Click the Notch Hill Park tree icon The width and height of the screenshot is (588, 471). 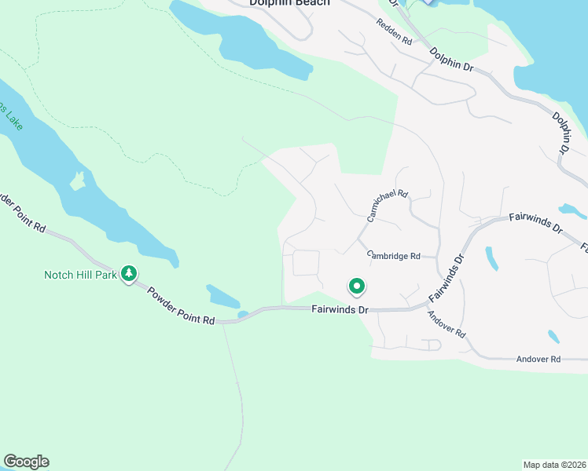[x=130, y=275]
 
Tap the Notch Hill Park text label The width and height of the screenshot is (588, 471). [x=80, y=275]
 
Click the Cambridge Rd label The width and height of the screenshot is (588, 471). [x=395, y=255]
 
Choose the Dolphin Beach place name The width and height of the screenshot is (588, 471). [x=289, y=3]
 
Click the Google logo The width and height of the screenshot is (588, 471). [x=26, y=462]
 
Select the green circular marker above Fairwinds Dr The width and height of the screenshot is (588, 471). [x=357, y=287]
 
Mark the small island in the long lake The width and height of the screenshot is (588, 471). [x=77, y=181]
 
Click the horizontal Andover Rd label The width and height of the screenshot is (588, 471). [x=538, y=359]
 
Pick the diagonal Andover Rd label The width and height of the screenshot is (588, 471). [x=447, y=323]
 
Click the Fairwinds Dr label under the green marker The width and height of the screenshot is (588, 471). [x=340, y=310]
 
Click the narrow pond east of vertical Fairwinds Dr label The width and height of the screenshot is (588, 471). [x=492, y=258]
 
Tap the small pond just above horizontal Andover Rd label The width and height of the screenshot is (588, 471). [x=553, y=336]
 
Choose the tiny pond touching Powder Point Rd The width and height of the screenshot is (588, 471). [x=243, y=315]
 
